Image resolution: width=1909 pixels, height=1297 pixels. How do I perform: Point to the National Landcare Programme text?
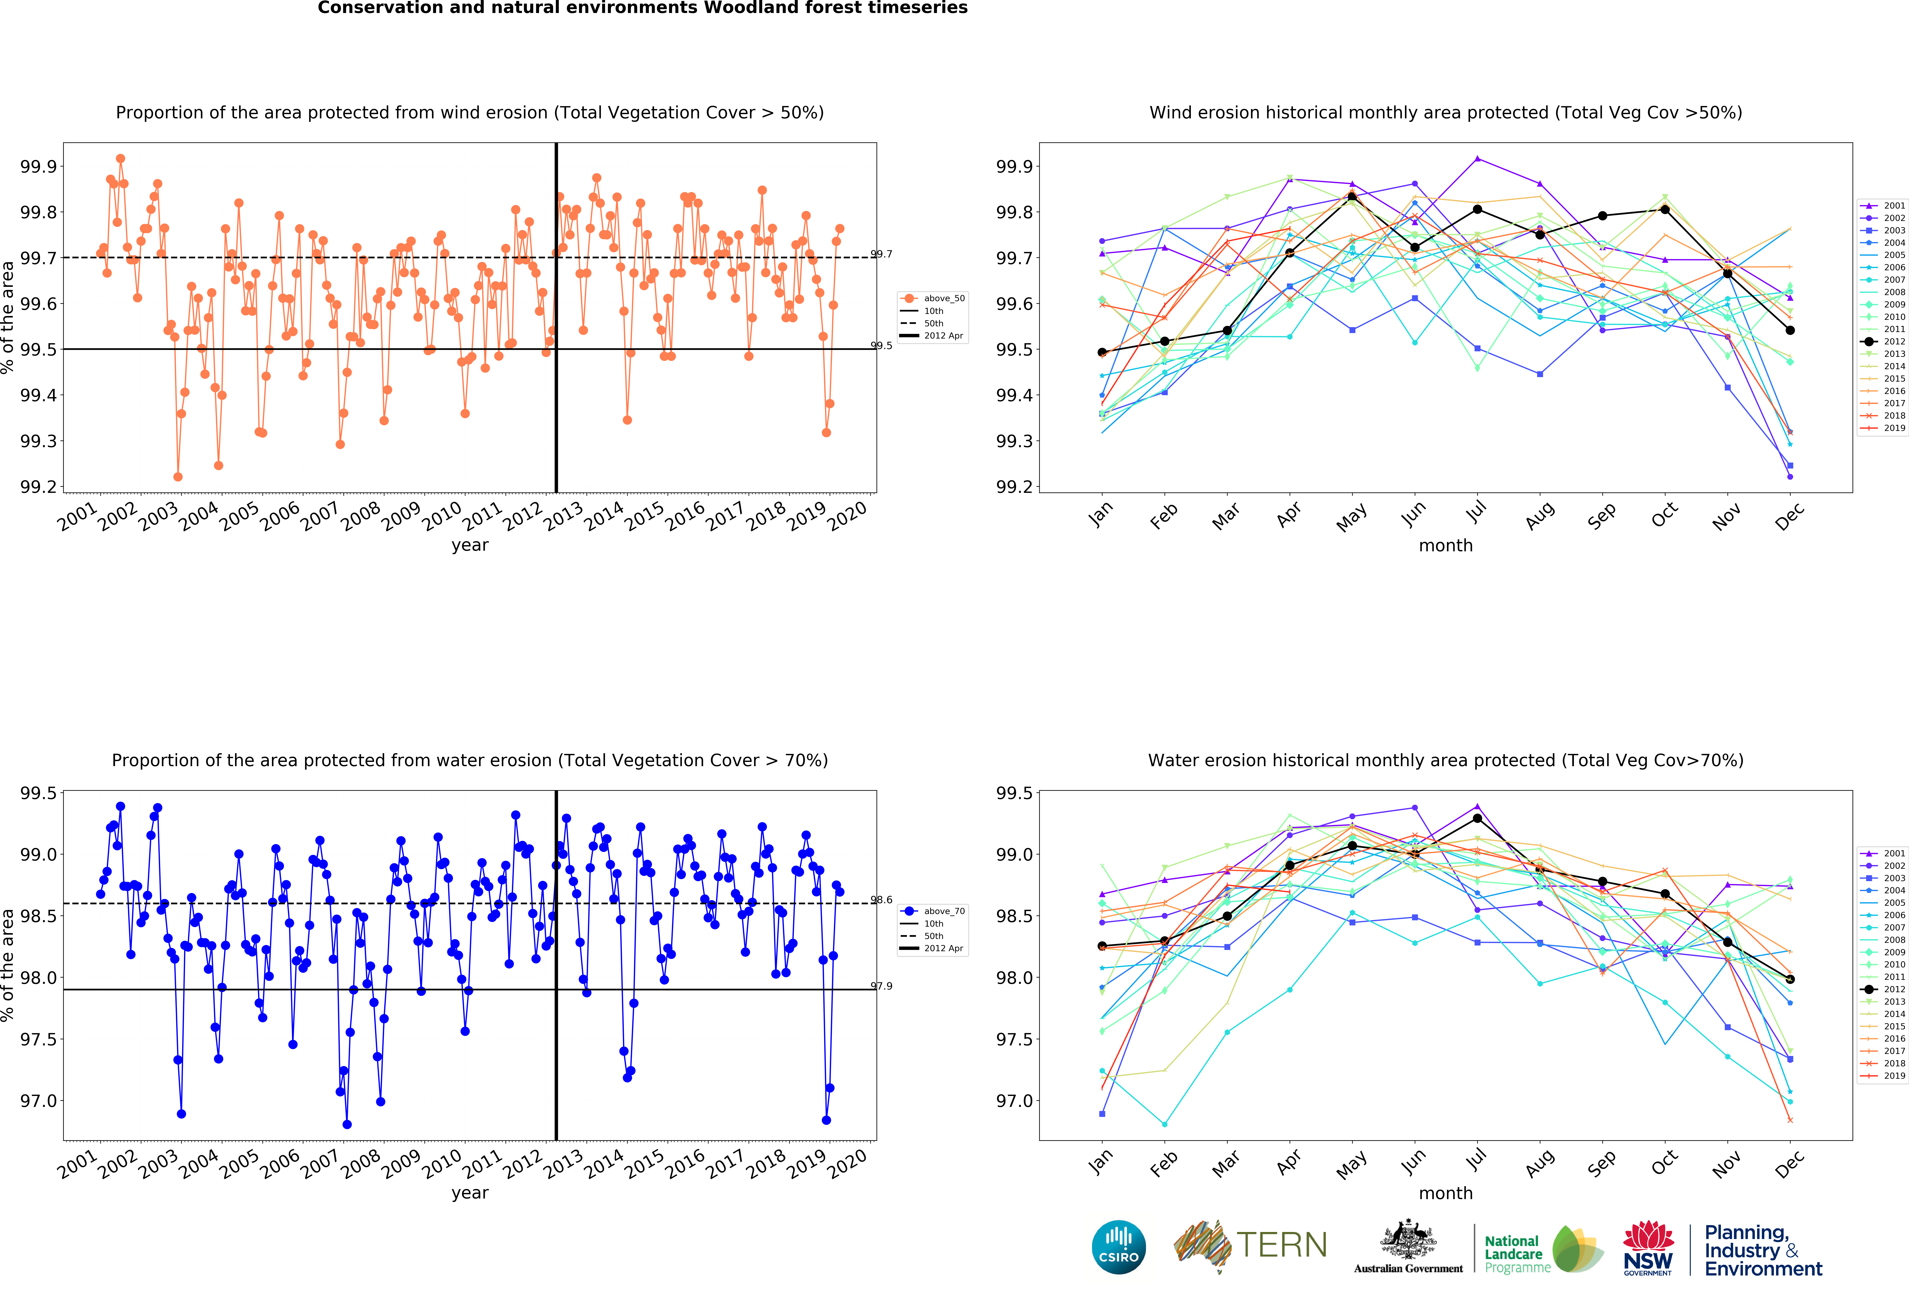(x=1516, y=1254)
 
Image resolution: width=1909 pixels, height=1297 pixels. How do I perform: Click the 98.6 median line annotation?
(x=881, y=900)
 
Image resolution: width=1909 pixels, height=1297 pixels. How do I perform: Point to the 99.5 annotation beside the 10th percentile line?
(x=881, y=346)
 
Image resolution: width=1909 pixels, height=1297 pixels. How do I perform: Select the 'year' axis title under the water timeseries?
(x=470, y=1193)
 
